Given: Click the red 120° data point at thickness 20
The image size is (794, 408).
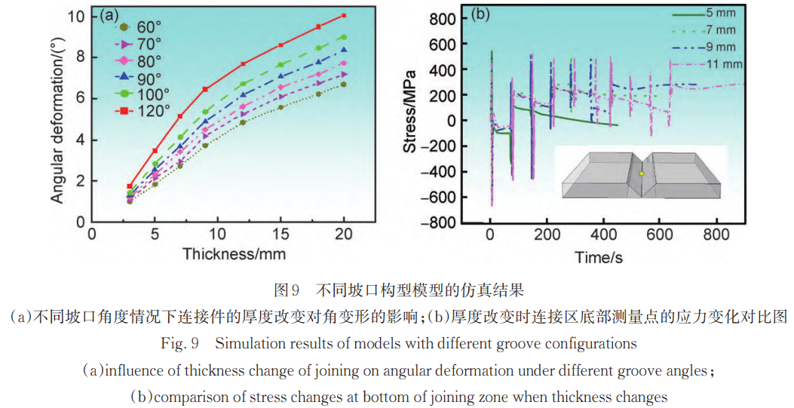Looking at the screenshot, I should point(343,15).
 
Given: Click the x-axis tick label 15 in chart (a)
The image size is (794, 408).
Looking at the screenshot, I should point(281,233).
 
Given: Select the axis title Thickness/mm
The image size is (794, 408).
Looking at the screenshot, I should point(234,253).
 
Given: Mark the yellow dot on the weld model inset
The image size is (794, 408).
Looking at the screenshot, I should point(642,173).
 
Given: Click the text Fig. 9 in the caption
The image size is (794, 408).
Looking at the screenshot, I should point(179,344).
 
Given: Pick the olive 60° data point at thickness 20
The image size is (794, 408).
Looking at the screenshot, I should point(343,84).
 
